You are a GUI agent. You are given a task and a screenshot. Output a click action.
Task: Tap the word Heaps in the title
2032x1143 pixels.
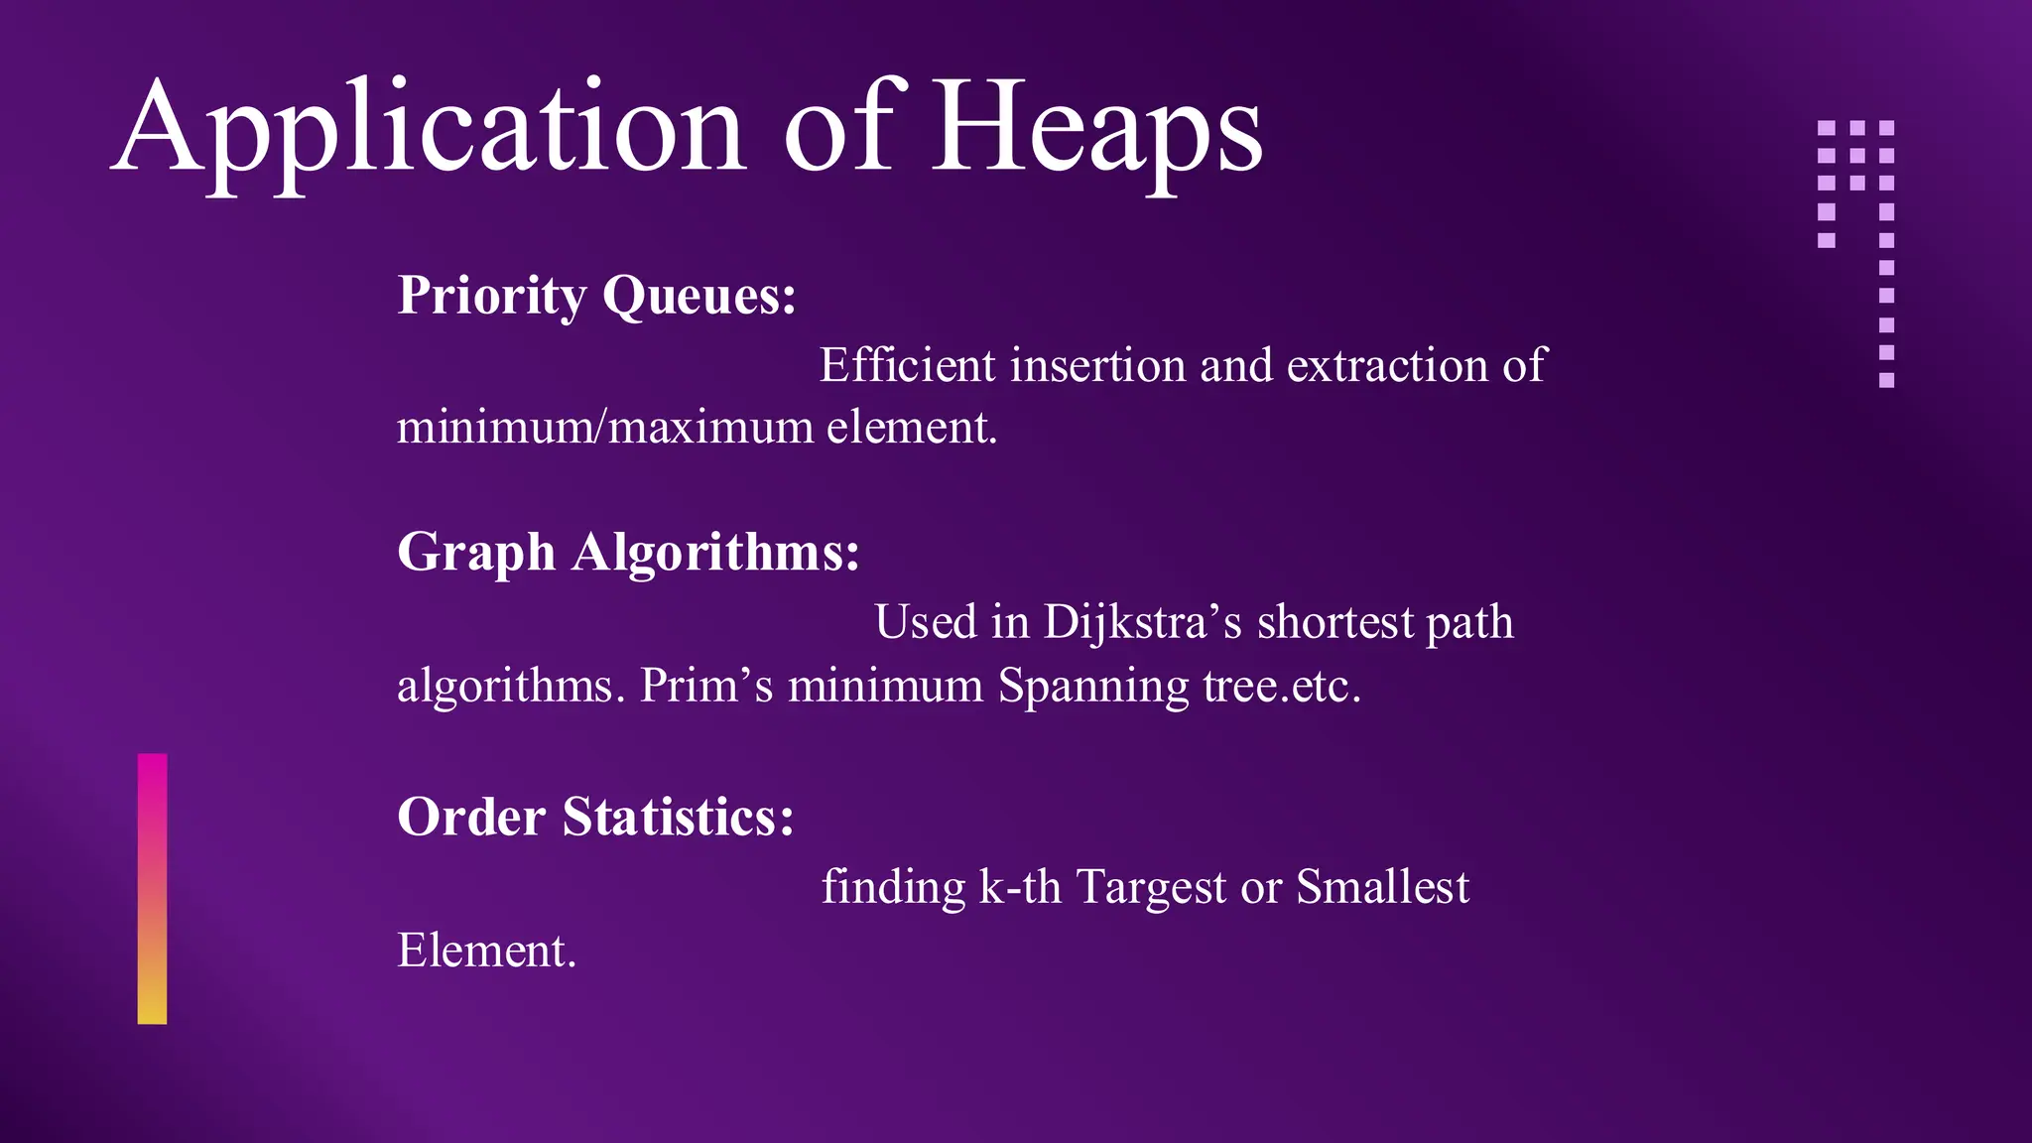coord(1097,129)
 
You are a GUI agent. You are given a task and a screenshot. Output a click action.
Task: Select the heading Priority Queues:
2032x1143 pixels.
coord(596,296)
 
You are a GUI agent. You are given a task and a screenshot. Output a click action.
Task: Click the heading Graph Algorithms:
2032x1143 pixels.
coord(628,552)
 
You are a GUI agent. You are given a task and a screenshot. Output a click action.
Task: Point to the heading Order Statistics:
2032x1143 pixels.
coord(595,817)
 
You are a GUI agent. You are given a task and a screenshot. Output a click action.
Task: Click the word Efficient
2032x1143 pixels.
coord(907,365)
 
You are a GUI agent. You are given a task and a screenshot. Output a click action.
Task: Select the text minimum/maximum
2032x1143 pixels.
coord(605,428)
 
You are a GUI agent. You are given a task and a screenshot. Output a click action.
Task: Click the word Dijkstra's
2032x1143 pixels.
coord(1142,623)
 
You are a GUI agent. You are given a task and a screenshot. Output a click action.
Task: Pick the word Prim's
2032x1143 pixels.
coord(705,686)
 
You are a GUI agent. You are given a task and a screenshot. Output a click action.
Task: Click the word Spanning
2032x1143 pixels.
coord(1093,686)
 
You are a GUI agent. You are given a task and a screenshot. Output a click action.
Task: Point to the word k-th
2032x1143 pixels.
coord(1020,887)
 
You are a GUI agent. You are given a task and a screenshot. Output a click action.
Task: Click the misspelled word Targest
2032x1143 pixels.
coord(1151,887)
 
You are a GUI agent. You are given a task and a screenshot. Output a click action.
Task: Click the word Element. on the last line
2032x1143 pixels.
coord(486,951)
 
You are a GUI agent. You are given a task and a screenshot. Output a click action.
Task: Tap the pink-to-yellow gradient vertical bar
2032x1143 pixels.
coord(152,888)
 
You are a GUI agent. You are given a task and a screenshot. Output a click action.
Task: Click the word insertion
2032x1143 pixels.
coord(1098,365)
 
